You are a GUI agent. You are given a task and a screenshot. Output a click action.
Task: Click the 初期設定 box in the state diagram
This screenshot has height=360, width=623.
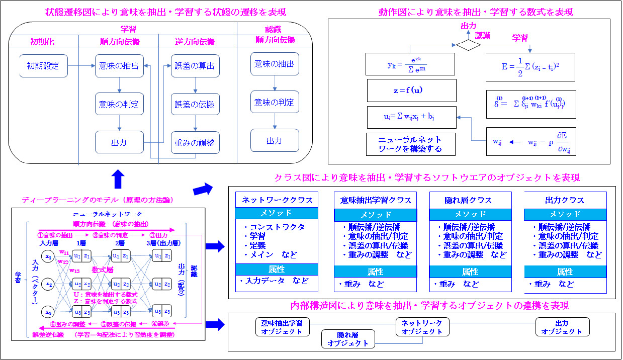pos(43,66)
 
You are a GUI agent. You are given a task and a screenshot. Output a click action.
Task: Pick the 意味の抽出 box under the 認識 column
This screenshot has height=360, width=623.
pos(275,64)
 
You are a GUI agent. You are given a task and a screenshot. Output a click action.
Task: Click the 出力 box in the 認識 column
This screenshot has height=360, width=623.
pos(275,141)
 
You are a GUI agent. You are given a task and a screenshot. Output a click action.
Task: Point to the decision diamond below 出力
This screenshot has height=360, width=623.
pos(469,44)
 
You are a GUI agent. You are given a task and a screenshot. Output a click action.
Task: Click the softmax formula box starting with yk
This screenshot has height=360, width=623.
pos(411,64)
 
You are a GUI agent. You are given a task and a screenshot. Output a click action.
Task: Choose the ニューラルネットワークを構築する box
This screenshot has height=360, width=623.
pos(411,144)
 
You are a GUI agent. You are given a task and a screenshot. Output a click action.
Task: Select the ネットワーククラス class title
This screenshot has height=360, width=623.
pos(277,200)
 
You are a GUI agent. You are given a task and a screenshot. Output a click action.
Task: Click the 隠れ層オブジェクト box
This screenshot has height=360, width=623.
pos(348,339)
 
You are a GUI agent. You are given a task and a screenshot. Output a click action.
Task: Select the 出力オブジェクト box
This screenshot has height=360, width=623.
pos(562,327)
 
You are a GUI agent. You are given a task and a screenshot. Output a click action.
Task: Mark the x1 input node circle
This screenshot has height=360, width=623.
pos(49,256)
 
